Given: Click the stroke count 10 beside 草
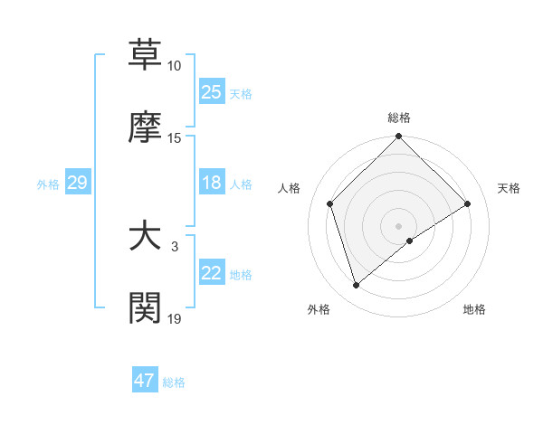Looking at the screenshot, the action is [x=175, y=66].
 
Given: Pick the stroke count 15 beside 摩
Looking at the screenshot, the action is [x=175, y=137].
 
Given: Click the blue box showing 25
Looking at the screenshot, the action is [x=211, y=92].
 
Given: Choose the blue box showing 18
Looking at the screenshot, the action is [x=211, y=183].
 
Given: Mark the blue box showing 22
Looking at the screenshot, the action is [x=211, y=273].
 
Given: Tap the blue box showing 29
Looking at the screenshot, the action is [x=77, y=183].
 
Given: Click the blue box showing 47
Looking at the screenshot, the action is [x=145, y=381].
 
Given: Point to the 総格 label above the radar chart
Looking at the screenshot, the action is [x=399, y=118].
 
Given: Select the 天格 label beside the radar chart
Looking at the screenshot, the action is [x=509, y=188].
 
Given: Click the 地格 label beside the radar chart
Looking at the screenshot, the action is [x=474, y=309].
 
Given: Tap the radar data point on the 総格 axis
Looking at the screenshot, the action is [x=399, y=137].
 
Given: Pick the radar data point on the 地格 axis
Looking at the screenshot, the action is [x=410, y=241].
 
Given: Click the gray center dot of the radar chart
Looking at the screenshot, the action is [x=399, y=225].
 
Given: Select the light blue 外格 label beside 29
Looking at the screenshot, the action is [x=48, y=184].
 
